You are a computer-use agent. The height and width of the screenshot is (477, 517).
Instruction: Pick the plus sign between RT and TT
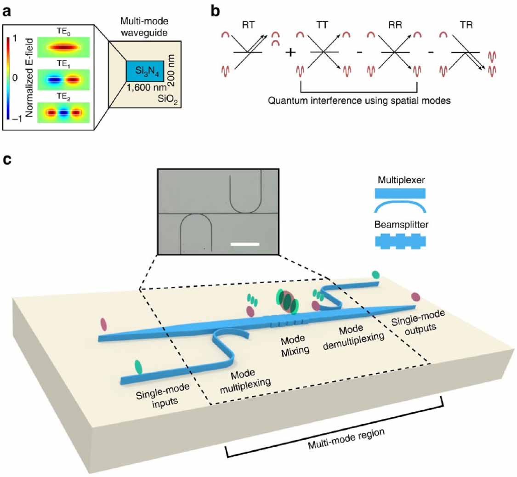coord(290,52)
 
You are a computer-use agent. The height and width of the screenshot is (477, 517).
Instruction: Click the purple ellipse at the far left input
coord(102,323)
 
